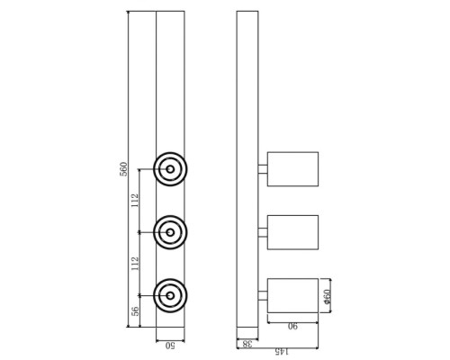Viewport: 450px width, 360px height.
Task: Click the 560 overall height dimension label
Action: pos(123,169)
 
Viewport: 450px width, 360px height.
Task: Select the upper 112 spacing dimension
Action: pos(135,201)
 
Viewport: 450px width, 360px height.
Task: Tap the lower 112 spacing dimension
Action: pos(135,264)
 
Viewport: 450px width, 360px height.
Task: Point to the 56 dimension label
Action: pos(135,311)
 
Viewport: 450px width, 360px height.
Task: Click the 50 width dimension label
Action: pos(170,346)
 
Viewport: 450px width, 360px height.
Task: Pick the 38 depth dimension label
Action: pos(247,344)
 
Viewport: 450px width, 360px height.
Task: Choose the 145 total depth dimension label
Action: pos(282,351)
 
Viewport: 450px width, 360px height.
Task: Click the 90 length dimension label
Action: pos(292,326)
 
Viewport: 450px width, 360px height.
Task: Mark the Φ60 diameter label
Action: pos(328,296)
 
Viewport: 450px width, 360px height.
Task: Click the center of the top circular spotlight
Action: pos(170,169)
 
